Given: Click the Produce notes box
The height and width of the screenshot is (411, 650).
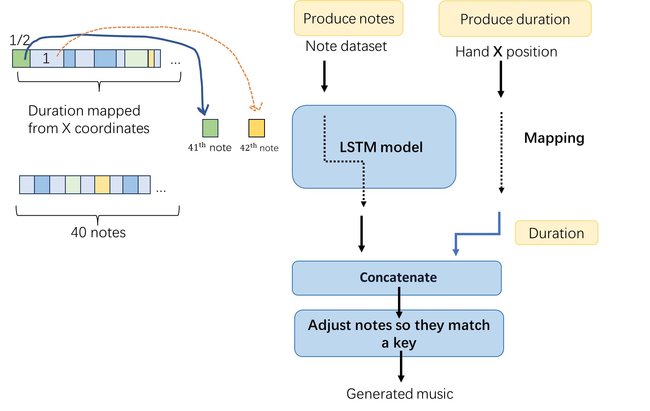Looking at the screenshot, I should (348, 18).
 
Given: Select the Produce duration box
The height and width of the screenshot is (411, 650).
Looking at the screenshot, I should (515, 19).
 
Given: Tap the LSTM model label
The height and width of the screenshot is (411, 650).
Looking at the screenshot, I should (381, 147).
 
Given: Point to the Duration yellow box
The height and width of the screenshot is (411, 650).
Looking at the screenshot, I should (556, 233).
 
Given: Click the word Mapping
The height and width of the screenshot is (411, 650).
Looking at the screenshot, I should (554, 138).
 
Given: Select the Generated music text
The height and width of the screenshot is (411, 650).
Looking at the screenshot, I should (400, 394).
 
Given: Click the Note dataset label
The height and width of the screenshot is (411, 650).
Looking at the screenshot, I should (346, 46).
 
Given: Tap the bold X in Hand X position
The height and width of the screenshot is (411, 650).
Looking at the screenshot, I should (497, 52).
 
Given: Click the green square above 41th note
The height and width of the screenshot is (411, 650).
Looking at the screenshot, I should (210, 128).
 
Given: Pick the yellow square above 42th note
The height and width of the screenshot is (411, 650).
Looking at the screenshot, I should (257, 128).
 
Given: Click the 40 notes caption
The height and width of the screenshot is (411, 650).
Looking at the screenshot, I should (98, 233).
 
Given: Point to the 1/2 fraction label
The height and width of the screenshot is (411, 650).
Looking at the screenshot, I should (19, 40).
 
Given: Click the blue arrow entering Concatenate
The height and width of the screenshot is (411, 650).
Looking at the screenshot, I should (456, 251).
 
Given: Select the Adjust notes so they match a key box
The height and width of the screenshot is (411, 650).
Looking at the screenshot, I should (399, 333).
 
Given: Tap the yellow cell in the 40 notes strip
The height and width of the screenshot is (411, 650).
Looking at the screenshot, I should (102, 185).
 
